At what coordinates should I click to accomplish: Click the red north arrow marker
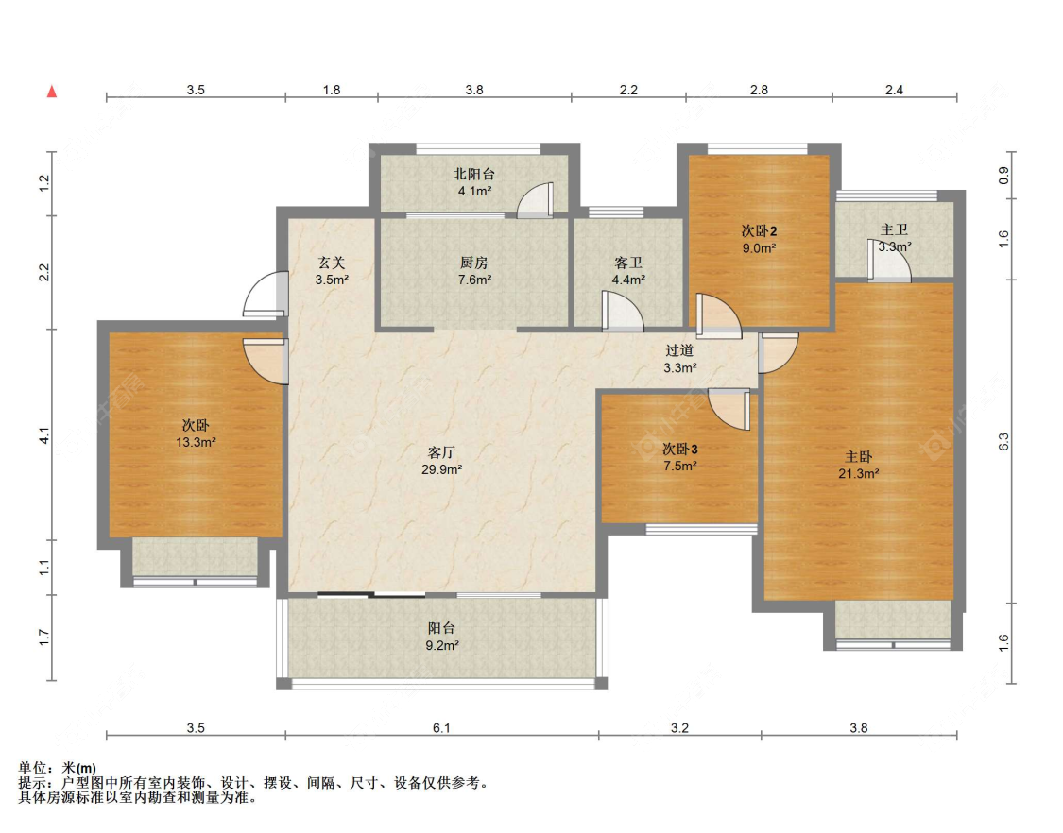pyautogui.click(x=53, y=93)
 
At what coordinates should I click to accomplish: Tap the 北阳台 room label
pyautogui.click(x=473, y=174)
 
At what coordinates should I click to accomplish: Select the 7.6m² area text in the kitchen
pyautogui.click(x=473, y=280)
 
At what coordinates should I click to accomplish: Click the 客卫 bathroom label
pyautogui.click(x=628, y=263)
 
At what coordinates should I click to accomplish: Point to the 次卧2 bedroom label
pyautogui.click(x=759, y=231)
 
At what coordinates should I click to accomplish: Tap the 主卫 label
pyautogui.click(x=894, y=229)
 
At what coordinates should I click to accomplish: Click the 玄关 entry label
pyautogui.click(x=332, y=263)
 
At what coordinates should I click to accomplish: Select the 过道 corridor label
pyautogui.click(x=679, y=351)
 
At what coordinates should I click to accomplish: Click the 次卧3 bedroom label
pyautogui.click(x=679, y=448)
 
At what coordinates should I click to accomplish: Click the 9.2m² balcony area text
pyautogui.click(x=442, y=645)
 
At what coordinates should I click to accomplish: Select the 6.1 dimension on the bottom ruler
pyautogui.click(x=441, y=727)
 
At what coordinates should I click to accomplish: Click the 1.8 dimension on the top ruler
pyautogui.click(x=332, y=90)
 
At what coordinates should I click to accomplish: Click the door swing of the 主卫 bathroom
pyautogui.click(x=890, y=263)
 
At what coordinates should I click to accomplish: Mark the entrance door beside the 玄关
pyautogui.click(x=265, y=295)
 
